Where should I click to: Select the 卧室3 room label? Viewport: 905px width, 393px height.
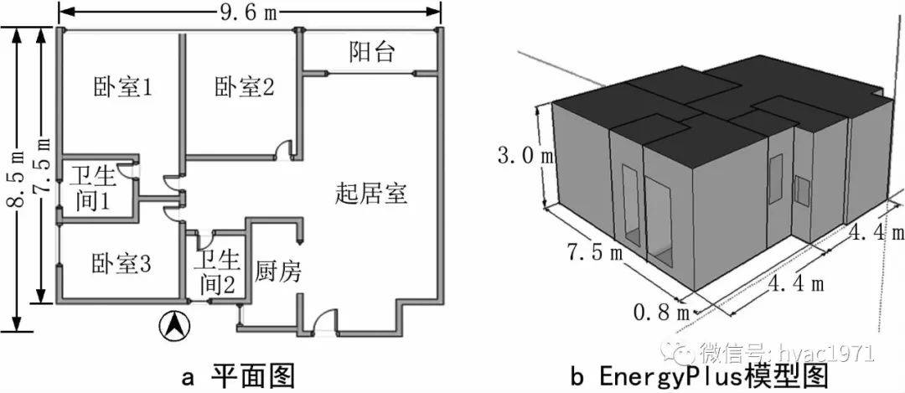pos(122,265)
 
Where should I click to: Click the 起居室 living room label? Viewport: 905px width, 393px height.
pos(371,194)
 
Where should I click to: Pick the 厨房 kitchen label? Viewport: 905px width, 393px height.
pos(277,271)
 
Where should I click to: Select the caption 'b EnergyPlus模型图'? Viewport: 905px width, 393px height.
pos(700,374)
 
